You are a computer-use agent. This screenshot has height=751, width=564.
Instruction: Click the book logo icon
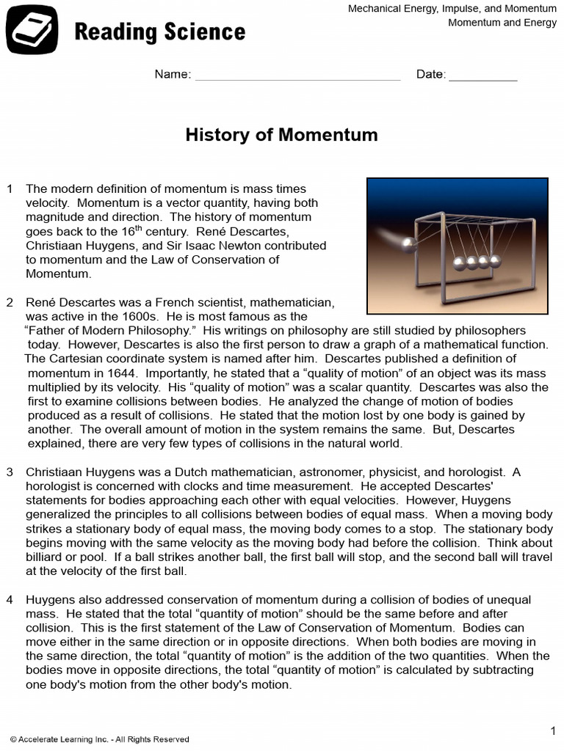pyautogui.click(x=32, y=30)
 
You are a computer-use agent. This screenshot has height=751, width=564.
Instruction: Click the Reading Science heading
pyautogui.click(x=159, y=32)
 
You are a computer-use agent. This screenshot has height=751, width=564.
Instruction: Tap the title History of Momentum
pyautogui.click(x=281, y=135)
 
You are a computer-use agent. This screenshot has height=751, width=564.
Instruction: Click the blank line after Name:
pyautogui.click(x=297, y=75)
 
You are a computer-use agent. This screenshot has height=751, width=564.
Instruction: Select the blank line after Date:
pyautogui.click(x=482, y=75)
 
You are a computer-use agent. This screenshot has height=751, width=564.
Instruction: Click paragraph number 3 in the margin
pyautogui.click(x=10, y=472)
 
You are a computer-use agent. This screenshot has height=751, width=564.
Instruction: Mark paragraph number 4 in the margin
pyautogui.click(x=10, y=600)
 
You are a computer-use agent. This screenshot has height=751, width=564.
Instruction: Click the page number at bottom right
pyautogui.click(x=553, y=730)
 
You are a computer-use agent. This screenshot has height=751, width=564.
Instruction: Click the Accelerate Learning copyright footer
pyautogui.click(x=99, y=739)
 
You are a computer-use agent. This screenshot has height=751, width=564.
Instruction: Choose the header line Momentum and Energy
pyautogui.click(x=502, y=23)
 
